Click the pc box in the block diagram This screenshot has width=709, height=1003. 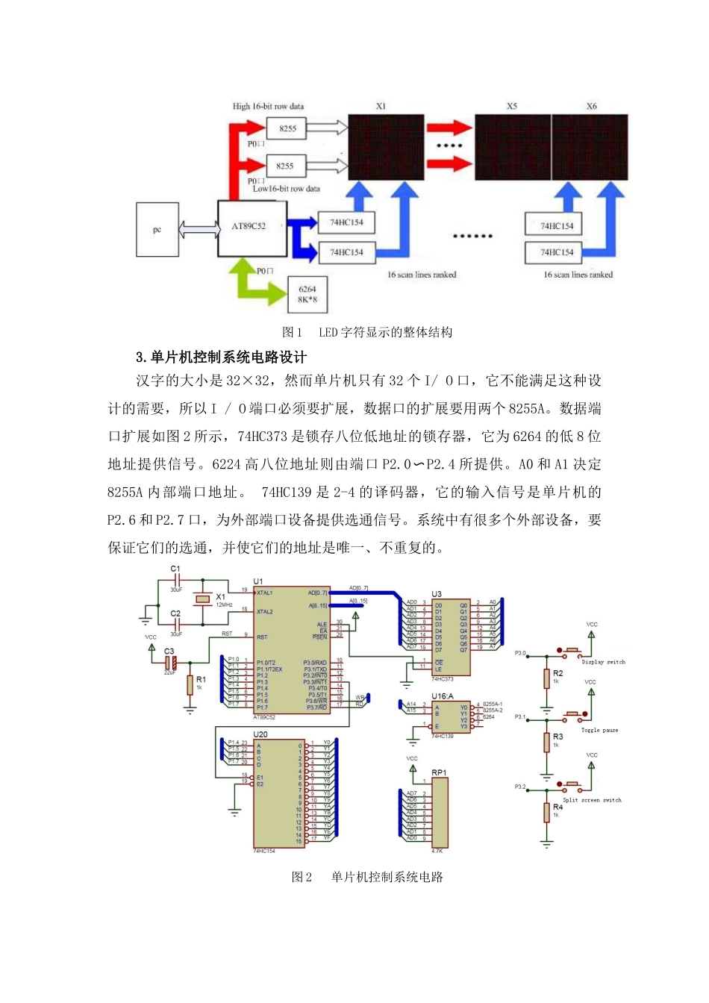[x=157, y=229]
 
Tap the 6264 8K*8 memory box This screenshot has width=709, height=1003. [x=307, y=294]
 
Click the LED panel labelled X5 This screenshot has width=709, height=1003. [x=512, y=147]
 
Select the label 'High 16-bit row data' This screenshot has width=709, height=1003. [x=268, y=106]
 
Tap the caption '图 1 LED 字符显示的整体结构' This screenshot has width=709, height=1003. [x=367, y=332]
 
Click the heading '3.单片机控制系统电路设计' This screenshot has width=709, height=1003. [x=221, y=357]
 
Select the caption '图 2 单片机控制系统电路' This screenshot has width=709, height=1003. [x=367, y=877]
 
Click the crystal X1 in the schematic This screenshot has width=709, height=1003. [x=202, y=599]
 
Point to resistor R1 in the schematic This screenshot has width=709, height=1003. [x=190, y=684]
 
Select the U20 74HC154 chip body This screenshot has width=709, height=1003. [x=279, y=793]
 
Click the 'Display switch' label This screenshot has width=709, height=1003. [x=603, y=662]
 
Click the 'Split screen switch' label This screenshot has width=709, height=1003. [x=592, y=800]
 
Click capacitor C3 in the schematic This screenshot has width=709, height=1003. [x=172, y=660]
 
